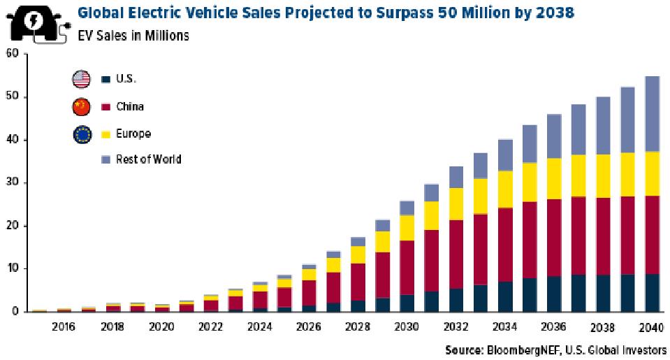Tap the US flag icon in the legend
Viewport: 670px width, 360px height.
pos(82,79)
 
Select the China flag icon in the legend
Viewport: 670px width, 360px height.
pos(82,106)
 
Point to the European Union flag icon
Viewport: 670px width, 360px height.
pos(82,133)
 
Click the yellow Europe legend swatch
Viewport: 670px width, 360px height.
pos(105,134)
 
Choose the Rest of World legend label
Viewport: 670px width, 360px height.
pos(148,159)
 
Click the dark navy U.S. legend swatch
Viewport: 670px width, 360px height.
pos(105,80)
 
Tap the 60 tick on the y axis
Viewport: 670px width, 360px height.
pos(10,54)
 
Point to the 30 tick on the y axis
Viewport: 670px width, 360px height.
pos(10,183)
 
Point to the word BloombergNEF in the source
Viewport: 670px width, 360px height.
pos(517,350)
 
